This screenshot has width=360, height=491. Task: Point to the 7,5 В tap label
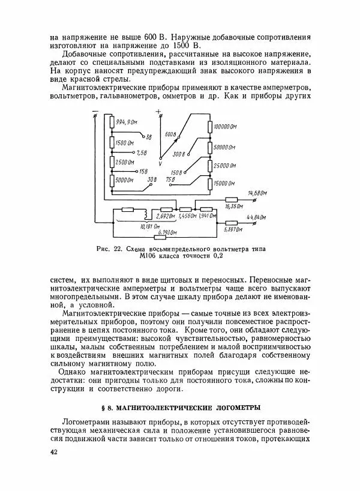[142, 153]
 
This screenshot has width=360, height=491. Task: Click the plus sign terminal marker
[158, 112]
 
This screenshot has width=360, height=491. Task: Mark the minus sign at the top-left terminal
[95, 111]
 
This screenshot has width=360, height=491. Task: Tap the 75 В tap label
[170, 179]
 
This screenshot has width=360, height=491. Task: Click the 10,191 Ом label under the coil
[149, 227]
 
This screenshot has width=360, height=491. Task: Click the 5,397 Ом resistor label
[233, 229]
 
